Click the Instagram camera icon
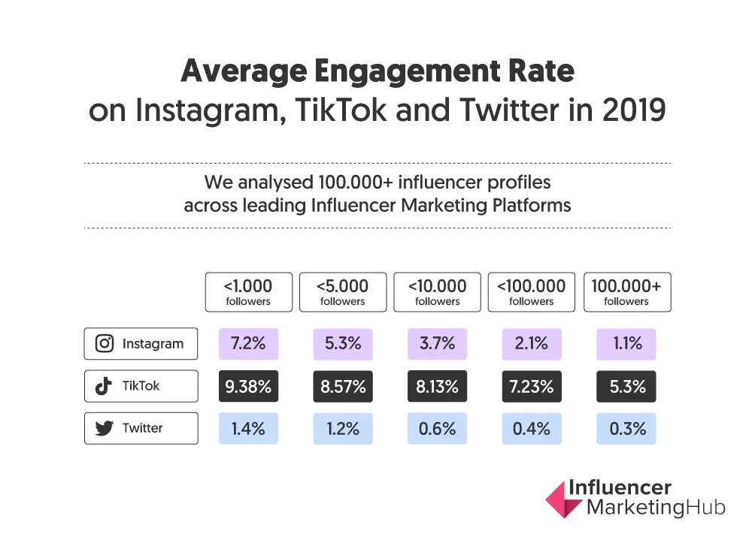pyautogui.click(x=105, y=344)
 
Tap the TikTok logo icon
pyautogui.click(x=104, y=386)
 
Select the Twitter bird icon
pyautogui.click(x=104, y=428)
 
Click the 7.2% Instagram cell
pyautogui.click(x=247, y=344)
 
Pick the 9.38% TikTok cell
pyautogui.click(x=247, y=386)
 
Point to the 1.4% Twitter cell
pyautogui.click(x=247, y=428)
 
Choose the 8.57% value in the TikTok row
pyautogui.click(x=342, y=386)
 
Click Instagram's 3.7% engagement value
pyautogui.click(x=437, y=344)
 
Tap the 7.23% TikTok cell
pyautogui.click(x=532, y=386)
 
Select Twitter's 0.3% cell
pyautogui.click(x=626, y=428)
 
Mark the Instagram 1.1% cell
pyautogui.click(x=626, y=344)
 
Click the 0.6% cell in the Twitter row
pyautogui.click(x=437, y=428)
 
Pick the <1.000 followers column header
pyautogui.click(x=247, y=292)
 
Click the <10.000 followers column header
pyautogui.click(x=437, y=292)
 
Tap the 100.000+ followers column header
pyautogui.click(x=626, y=292)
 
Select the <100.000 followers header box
pyautogui.click(x=532, y=292)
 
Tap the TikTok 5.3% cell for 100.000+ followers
pyautogui.click(x=626, y=386)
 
